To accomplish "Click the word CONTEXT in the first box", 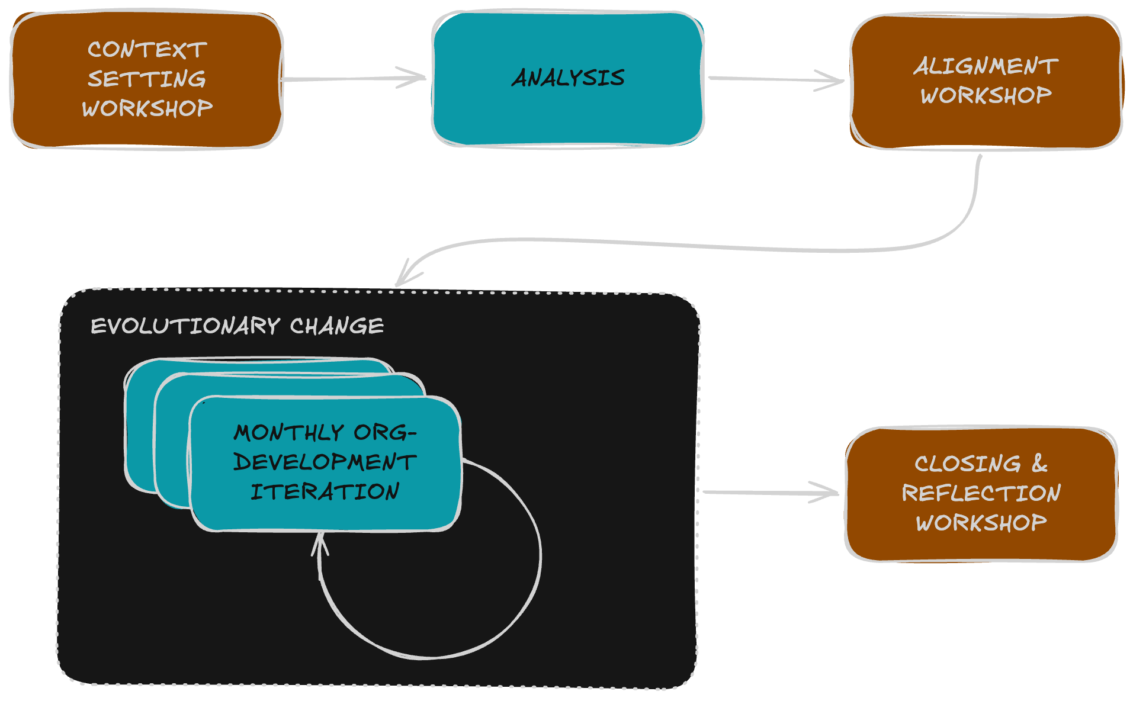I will pyautogui.click(x=147, y=50).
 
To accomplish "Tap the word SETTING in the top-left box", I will pyautogui.click(x=147, y=79).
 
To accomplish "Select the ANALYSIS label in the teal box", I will pyautogui.click(x=568, y=78).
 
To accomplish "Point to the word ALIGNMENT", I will pyautogui.click(x=986, y=66).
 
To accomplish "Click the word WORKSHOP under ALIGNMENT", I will pyautogui.click(x=986, y=95).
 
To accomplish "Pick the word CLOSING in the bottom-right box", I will pyautogui.click(x=968, y=464).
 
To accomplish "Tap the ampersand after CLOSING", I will pyautogui.click(x=1039, y=463).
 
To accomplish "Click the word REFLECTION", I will pyautogui.click(x=981, y=493).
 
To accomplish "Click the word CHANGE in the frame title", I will pyautogui.click(x=336, y=326).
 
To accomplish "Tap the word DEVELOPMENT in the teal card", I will pyautogui.click(x=325, y=462).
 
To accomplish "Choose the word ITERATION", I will pyautogui.click(x=325, y=492).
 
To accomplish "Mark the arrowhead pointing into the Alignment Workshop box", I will pyautogui.click(x=837, y=81).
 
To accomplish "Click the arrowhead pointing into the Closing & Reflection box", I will pyautogui.click(x=832, y=492).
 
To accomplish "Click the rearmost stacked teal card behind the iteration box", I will pyautogui.click(x=139, y=426).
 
